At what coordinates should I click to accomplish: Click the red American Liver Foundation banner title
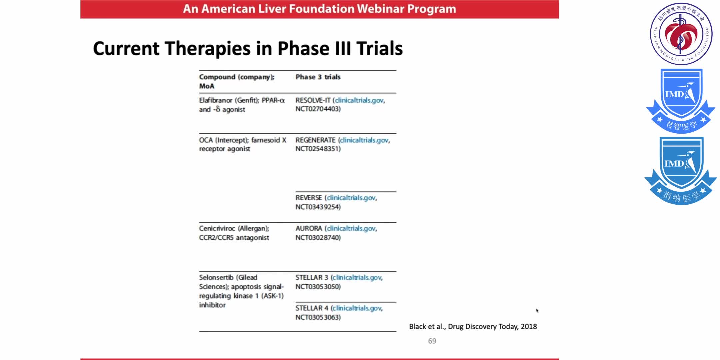point(319,9)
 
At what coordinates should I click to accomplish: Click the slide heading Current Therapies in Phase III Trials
point(248,48)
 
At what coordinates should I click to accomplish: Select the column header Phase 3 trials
point(318,77)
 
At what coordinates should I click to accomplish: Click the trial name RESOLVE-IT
point(313,100)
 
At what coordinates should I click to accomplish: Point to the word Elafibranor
point(215,100)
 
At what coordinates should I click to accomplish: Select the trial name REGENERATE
point(315,140)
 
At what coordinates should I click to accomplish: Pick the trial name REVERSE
point(309,198)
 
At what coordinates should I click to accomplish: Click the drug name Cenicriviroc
point(217,229)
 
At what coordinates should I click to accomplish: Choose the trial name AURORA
point(309,229)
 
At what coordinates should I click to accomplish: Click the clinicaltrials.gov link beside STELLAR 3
point(357,278)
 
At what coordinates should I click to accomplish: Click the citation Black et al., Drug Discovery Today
point(473,327)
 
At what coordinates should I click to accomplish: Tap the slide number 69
point(432,341)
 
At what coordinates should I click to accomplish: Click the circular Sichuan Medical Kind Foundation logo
point(681,34)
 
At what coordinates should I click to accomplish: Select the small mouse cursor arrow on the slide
point(537,311)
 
